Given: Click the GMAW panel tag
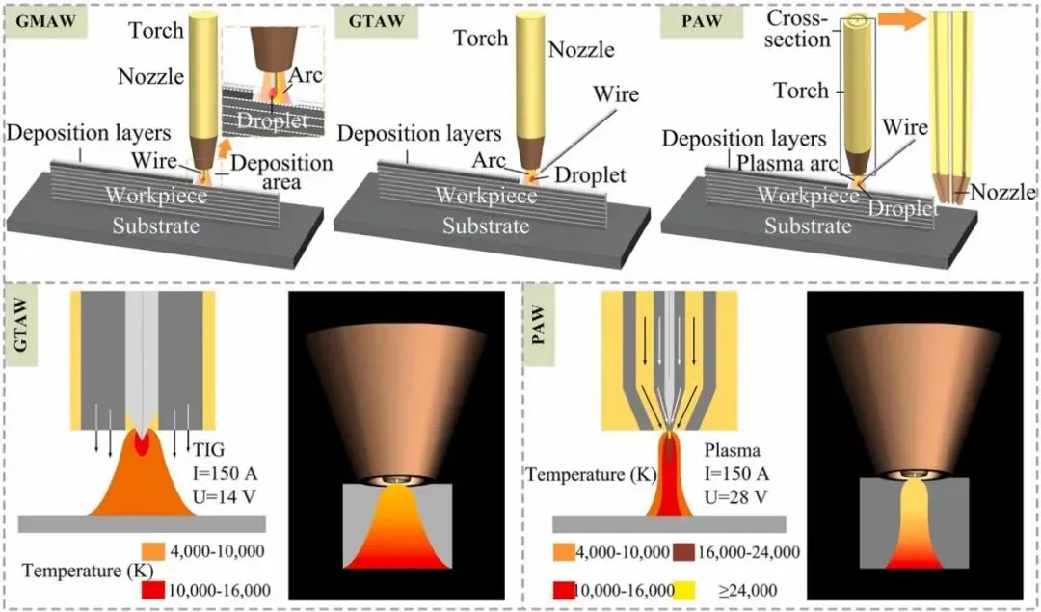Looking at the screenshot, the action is [44, 20].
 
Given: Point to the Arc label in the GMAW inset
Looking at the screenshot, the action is [308, 74].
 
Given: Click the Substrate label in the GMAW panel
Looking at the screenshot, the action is [155, 226].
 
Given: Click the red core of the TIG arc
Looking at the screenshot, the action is [141, 443].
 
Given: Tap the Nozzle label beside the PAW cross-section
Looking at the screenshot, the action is [1002, 193].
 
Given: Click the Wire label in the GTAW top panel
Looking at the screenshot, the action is [616, 94].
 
